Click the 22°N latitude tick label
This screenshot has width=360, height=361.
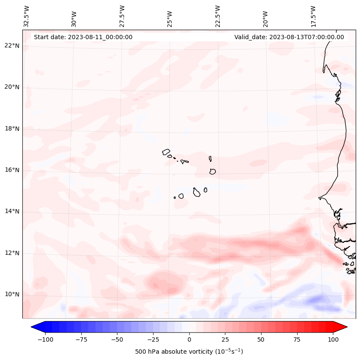coord(12,46)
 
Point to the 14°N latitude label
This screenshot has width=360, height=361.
coord(12,211)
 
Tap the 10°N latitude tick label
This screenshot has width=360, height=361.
coord(12,294)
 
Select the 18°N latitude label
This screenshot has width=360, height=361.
coord(12,129)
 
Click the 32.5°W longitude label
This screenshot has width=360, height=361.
coord(27,16)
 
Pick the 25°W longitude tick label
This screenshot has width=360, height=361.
coord(170,16)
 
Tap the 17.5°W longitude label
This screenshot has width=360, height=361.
coord(313,16)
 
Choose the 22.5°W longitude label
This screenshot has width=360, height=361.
coord(218,16)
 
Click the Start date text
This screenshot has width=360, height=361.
coord(83,37)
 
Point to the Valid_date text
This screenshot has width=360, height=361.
coord(289,37)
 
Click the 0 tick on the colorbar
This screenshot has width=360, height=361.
coord(189,339)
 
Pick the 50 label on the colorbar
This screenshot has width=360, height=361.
coord(261,339)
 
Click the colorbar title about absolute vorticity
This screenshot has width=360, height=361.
coord(189,352)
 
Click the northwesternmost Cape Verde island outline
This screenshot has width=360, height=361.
coord(166,152)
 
